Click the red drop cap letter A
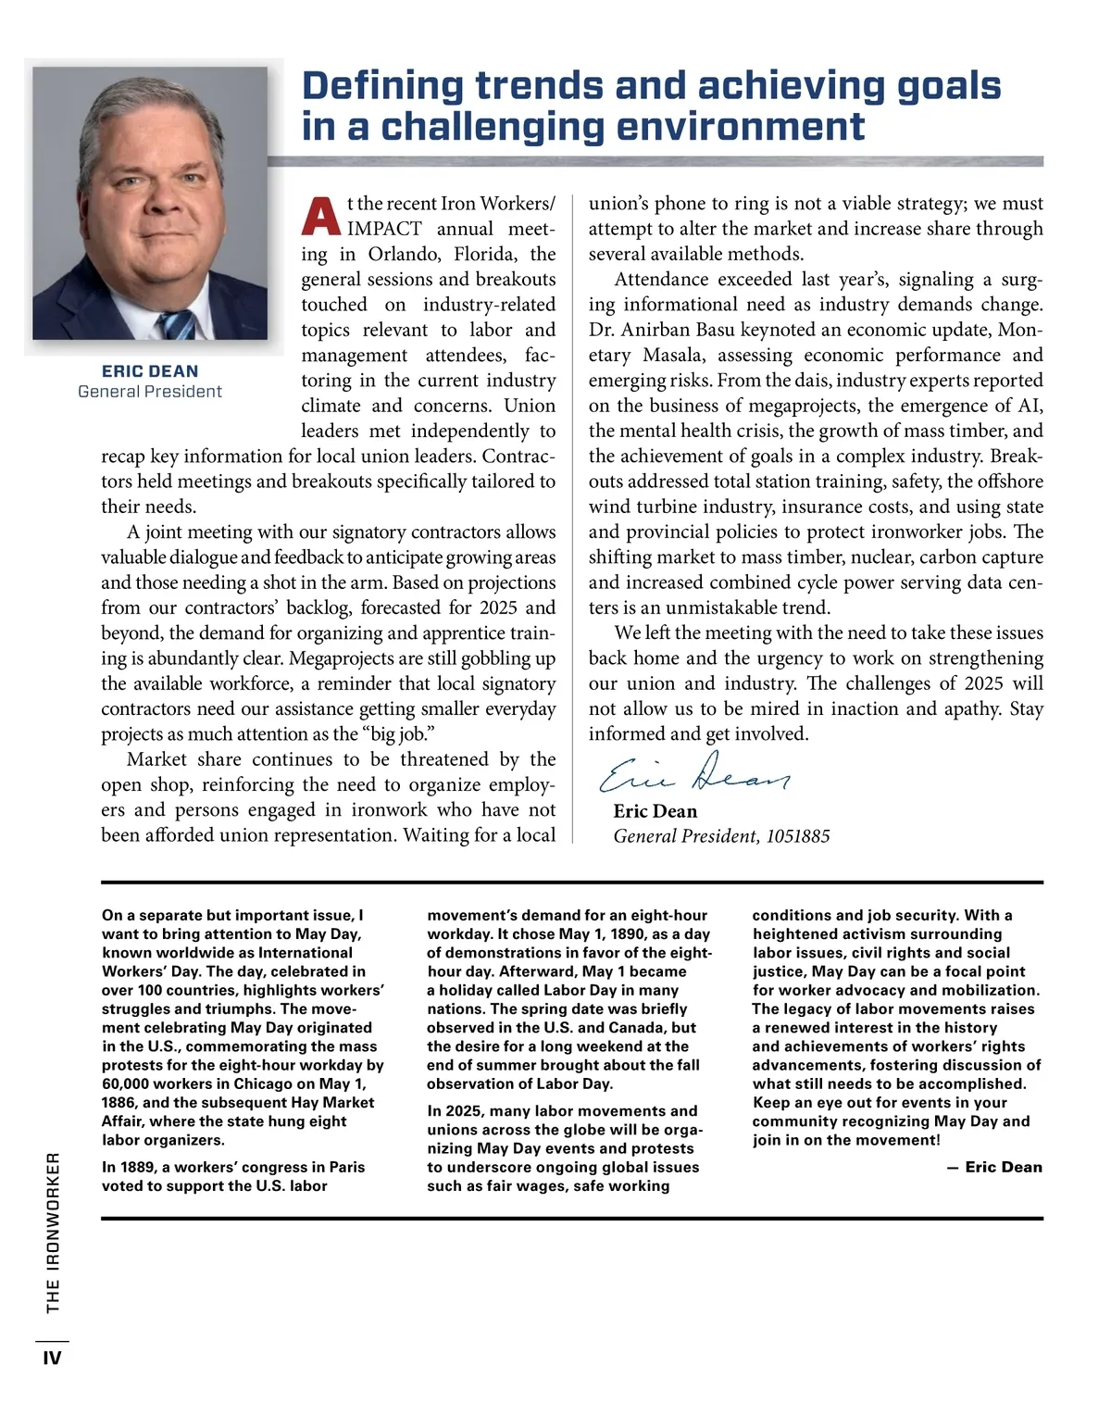tap(321, 216)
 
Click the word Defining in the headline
tap(382, 86)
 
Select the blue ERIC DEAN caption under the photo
tap(150, 371)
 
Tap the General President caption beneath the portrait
tap(150, 392)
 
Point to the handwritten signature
tap(694, 773)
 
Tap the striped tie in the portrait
tap(175, 325)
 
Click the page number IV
tap(52, 1359)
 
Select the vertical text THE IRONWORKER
tap(53, 1232)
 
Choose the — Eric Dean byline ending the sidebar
tap(994, 1168)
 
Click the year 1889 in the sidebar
tap(139, 1168)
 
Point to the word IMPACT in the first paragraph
tap(384, 230)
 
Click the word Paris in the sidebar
tap(346, 1168)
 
